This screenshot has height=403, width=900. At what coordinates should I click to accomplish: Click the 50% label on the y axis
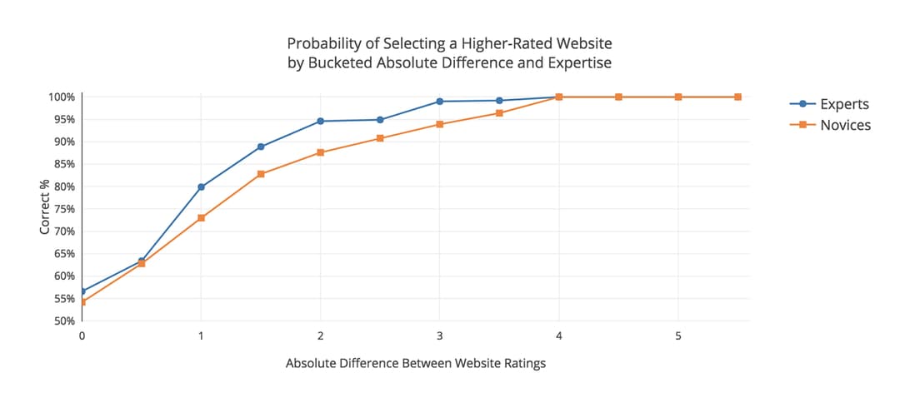[64, 321]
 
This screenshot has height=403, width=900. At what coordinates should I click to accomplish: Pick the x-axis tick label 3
[440, 335]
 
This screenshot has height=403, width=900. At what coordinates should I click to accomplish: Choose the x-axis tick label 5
[678, 335]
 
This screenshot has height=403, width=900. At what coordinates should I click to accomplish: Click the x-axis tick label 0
[82, 335]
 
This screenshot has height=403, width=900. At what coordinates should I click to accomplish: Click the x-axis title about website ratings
[415, 364]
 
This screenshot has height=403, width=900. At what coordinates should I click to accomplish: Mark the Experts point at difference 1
[201, 187]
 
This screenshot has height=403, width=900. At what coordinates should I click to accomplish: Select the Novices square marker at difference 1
[201, 218]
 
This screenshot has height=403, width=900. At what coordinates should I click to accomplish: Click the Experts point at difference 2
[320, 122]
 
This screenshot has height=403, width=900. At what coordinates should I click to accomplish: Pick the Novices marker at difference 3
[440, 125]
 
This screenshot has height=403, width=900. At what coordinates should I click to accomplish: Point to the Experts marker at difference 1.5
[261, 147]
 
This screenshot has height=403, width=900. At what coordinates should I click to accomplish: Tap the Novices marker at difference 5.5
[737, 97]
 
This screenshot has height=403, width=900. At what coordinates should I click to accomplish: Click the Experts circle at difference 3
[440, 102]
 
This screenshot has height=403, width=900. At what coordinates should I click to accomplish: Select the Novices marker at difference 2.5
[380, 138]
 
